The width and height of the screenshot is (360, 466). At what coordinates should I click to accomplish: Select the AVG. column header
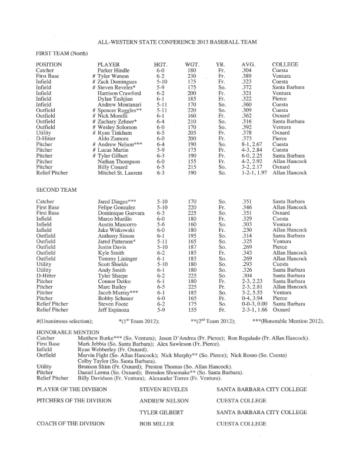(248, 64)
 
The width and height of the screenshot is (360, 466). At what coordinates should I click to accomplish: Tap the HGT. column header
(160, 64)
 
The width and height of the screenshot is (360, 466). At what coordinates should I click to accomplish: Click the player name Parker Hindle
(114, 71)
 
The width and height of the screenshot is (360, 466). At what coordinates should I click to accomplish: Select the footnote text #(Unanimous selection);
(65, 321)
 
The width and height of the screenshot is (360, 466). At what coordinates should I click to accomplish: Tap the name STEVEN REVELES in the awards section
(164, 390)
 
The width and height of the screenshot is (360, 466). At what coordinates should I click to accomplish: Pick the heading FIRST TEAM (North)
(62, 54)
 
